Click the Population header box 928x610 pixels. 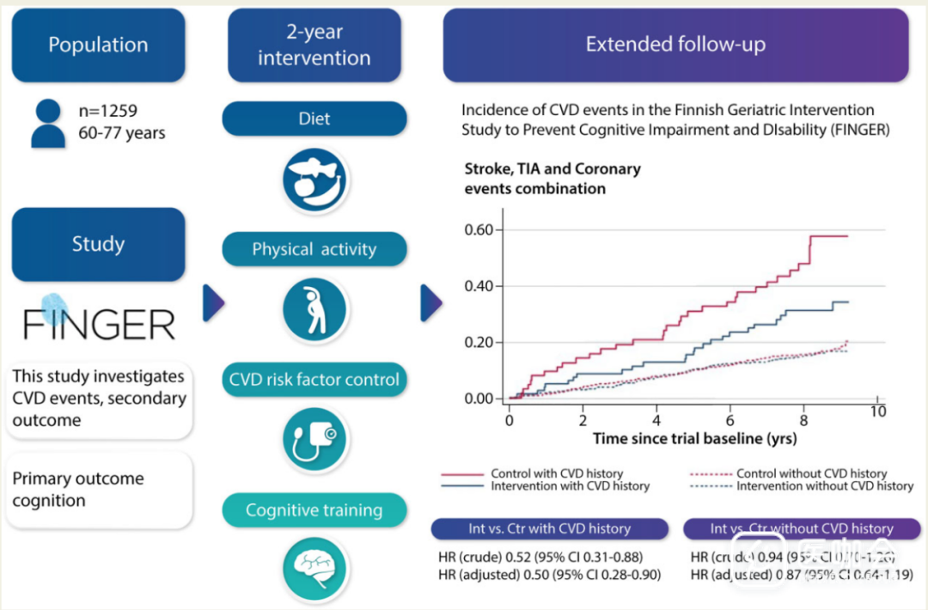click(98, 46)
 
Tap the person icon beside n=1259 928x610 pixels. click(48, 123)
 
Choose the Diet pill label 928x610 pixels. click(314, 119)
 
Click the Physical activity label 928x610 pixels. click(314, 250)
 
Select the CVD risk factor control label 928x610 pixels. click(314, 380)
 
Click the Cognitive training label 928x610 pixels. click(314, 510)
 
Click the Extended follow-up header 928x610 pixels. click(675, 45)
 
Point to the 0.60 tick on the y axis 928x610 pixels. click(479, 230)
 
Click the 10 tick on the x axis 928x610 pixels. click(876, 412)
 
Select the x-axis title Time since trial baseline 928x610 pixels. click(694, 439)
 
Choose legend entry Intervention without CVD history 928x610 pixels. click(824, 486)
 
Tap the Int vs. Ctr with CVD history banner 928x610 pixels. click(549, 529)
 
